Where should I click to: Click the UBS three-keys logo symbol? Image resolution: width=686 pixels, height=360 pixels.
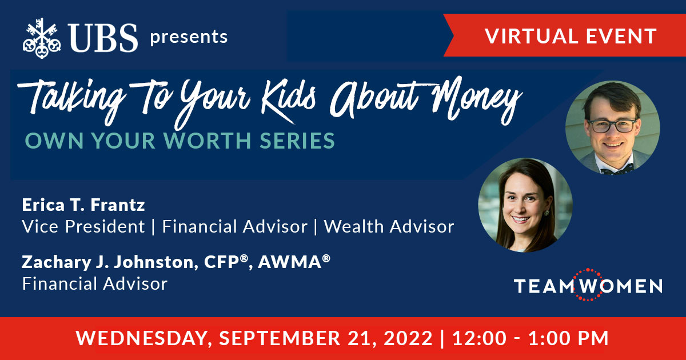click(x=42, y=38)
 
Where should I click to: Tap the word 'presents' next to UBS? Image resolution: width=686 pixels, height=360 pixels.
click(x=189, y=37)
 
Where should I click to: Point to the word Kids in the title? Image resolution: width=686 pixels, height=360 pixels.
click(x=288, y=98)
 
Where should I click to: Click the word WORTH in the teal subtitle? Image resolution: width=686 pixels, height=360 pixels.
click(x=208, y=141)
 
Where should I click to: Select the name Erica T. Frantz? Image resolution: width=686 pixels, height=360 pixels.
click(x=83, y=205)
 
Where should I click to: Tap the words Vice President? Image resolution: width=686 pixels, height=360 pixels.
click(x=83, y=226)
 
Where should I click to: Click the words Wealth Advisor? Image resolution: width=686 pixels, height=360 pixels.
click(x=389, y=226)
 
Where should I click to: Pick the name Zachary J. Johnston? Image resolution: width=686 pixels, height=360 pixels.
click(x=108, y=262)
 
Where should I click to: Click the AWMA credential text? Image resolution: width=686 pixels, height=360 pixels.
click(x=294, y=262)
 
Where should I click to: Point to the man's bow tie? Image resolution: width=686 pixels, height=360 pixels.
click(x=617, y=169)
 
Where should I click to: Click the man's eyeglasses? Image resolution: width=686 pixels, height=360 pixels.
click(x=612, y=126)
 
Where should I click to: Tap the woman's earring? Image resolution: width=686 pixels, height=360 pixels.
click(x=547, y=213)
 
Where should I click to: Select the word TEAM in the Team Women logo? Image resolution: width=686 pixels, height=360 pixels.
click(x=544, y=286)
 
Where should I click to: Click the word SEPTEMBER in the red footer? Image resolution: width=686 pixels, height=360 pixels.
click(x=280, y=338)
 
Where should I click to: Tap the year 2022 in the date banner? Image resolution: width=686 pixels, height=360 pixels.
click(x=408, y=338)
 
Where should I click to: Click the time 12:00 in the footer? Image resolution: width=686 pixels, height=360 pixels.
click(x=480, y=338)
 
